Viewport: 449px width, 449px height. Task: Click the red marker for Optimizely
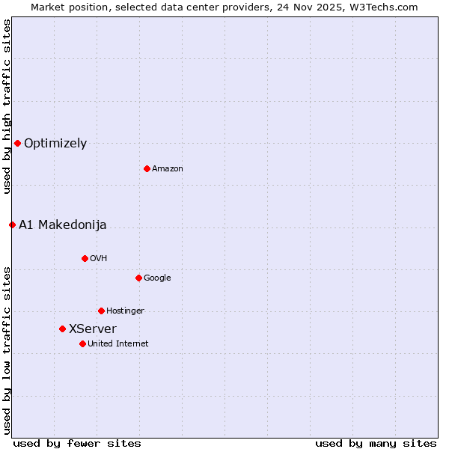[x=17, y=143]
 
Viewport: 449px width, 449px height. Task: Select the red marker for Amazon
[x=147, y=168]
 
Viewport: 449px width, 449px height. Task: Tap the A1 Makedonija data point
[x=12, y=224]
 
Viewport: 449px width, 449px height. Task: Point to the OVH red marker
[x=85, y=258]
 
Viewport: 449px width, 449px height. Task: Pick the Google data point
[x=138, y=278]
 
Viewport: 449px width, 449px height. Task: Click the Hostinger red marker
[x=101, y=311]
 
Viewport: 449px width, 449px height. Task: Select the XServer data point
[x=62, y=329]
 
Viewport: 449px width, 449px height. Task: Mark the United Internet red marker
[x=82, y=343]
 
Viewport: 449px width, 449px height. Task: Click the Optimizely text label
[x=55, y=144]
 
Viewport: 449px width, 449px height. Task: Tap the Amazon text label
[x=168, y=169]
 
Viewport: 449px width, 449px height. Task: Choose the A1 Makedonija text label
[x=63, y=225]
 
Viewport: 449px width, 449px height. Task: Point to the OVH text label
[x=99, y=259]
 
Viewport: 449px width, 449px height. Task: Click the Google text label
[x=157, y=278]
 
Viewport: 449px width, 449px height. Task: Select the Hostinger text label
[x=125, y=311]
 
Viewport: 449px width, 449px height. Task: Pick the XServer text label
[x=93, y=329]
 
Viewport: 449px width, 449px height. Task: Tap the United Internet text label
[x=118, y=344]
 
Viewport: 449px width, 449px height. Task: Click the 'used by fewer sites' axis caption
[x=77, y=444]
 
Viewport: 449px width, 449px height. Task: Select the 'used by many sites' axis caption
[x=376, y=444]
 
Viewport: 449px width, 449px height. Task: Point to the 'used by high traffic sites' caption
[x=7, y=106]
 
